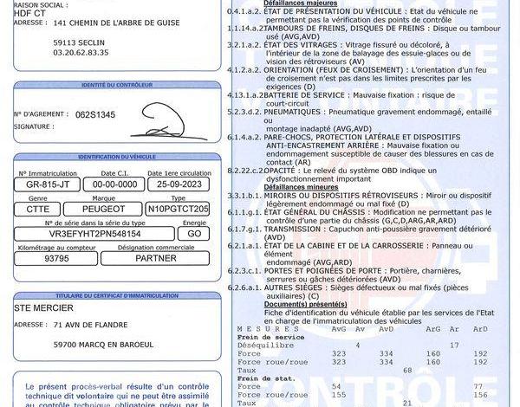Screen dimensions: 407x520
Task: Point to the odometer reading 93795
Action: tap(56, 258)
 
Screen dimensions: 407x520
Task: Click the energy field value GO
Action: tap(194, 234)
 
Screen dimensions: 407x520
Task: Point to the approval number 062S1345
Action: tap(95, 114)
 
